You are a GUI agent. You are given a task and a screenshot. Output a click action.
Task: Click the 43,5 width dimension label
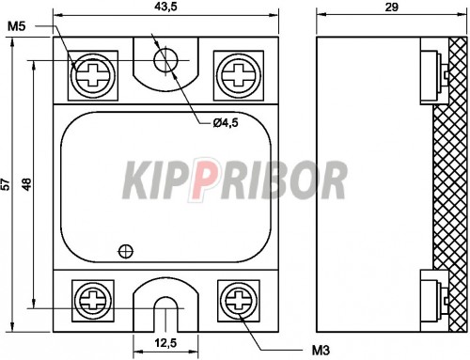pyautogui.click(x=165, y=7)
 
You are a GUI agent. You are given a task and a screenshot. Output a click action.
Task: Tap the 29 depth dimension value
pyautogui.click(x=391, y=7)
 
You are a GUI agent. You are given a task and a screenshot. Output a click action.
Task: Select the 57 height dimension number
pyautogui.click(x=6, y=184)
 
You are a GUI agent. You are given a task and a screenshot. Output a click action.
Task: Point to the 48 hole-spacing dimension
pyautogui.click(x=27, y=184)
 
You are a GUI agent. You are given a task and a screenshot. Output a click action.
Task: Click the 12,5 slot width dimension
pyautogui.click(x=165, y=343)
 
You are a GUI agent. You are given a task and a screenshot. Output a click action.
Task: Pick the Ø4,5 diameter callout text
pyautogui.click(x=226, y=123)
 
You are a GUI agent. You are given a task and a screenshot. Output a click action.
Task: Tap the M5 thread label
pyautogui.click(x=16, y=26)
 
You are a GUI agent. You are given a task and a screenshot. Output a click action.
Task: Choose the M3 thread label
pyautogui.click(x=321, y=351)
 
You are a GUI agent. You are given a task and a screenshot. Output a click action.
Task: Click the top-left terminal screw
pyautogui.click(x=93, y=75)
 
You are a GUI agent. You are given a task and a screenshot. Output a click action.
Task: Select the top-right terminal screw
pyautogui.click(x=239, y=75)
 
